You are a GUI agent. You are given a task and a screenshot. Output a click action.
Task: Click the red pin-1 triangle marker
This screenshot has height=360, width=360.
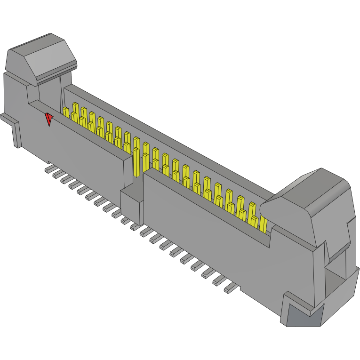pos(49,120)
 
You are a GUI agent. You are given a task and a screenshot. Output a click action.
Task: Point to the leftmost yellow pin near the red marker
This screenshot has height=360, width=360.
pos(66,112)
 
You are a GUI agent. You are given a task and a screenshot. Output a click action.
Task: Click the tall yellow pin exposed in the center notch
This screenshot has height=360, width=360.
pos(136,160)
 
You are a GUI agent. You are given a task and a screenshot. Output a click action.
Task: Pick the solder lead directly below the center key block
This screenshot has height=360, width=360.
pos(135,227)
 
